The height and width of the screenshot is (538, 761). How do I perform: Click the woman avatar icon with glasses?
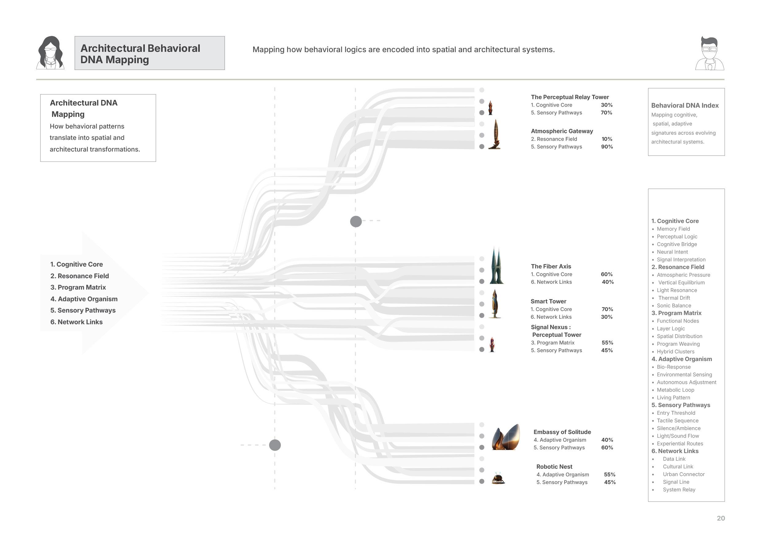pos(50,53)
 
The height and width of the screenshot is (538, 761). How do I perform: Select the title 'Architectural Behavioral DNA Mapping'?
pos(140,54)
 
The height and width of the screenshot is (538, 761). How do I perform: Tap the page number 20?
pos(720,518)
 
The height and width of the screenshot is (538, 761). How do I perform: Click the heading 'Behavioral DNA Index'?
pos(685,105)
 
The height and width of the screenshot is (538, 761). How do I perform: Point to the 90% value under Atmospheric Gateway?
pos(607,147)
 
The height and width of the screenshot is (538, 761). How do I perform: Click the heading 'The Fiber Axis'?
pos(551,266)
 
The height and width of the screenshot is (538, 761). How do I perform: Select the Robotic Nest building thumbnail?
pos(498,478)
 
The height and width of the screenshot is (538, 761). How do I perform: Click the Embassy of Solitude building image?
pos(505,437)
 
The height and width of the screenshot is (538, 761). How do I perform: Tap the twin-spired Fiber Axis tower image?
pos(496,266)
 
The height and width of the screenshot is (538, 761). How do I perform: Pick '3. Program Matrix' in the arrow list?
pos(78,287)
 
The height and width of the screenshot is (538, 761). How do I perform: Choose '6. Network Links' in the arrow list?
pos(77,322)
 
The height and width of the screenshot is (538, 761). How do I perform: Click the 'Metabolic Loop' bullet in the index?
pos(675,390)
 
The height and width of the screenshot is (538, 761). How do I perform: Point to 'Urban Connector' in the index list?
pos(683,475)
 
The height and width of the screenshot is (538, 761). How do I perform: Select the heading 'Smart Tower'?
pos(548,302)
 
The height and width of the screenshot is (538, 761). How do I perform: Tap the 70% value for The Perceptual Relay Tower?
pos(606,113)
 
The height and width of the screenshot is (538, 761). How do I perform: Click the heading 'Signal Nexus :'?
pos(550,327)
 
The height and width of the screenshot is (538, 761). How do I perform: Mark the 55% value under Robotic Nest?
pos(609,475)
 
